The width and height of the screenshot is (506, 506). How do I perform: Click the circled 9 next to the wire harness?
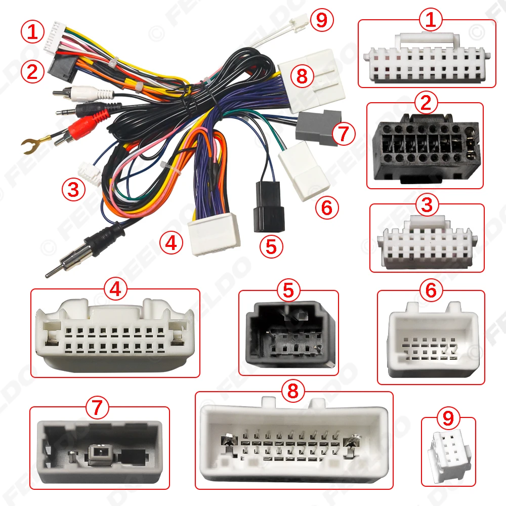(x=322, y=21)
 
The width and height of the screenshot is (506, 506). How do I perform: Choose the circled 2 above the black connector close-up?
(x=425, y=103)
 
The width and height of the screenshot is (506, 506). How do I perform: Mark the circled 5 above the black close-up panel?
(x=288, y=290)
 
